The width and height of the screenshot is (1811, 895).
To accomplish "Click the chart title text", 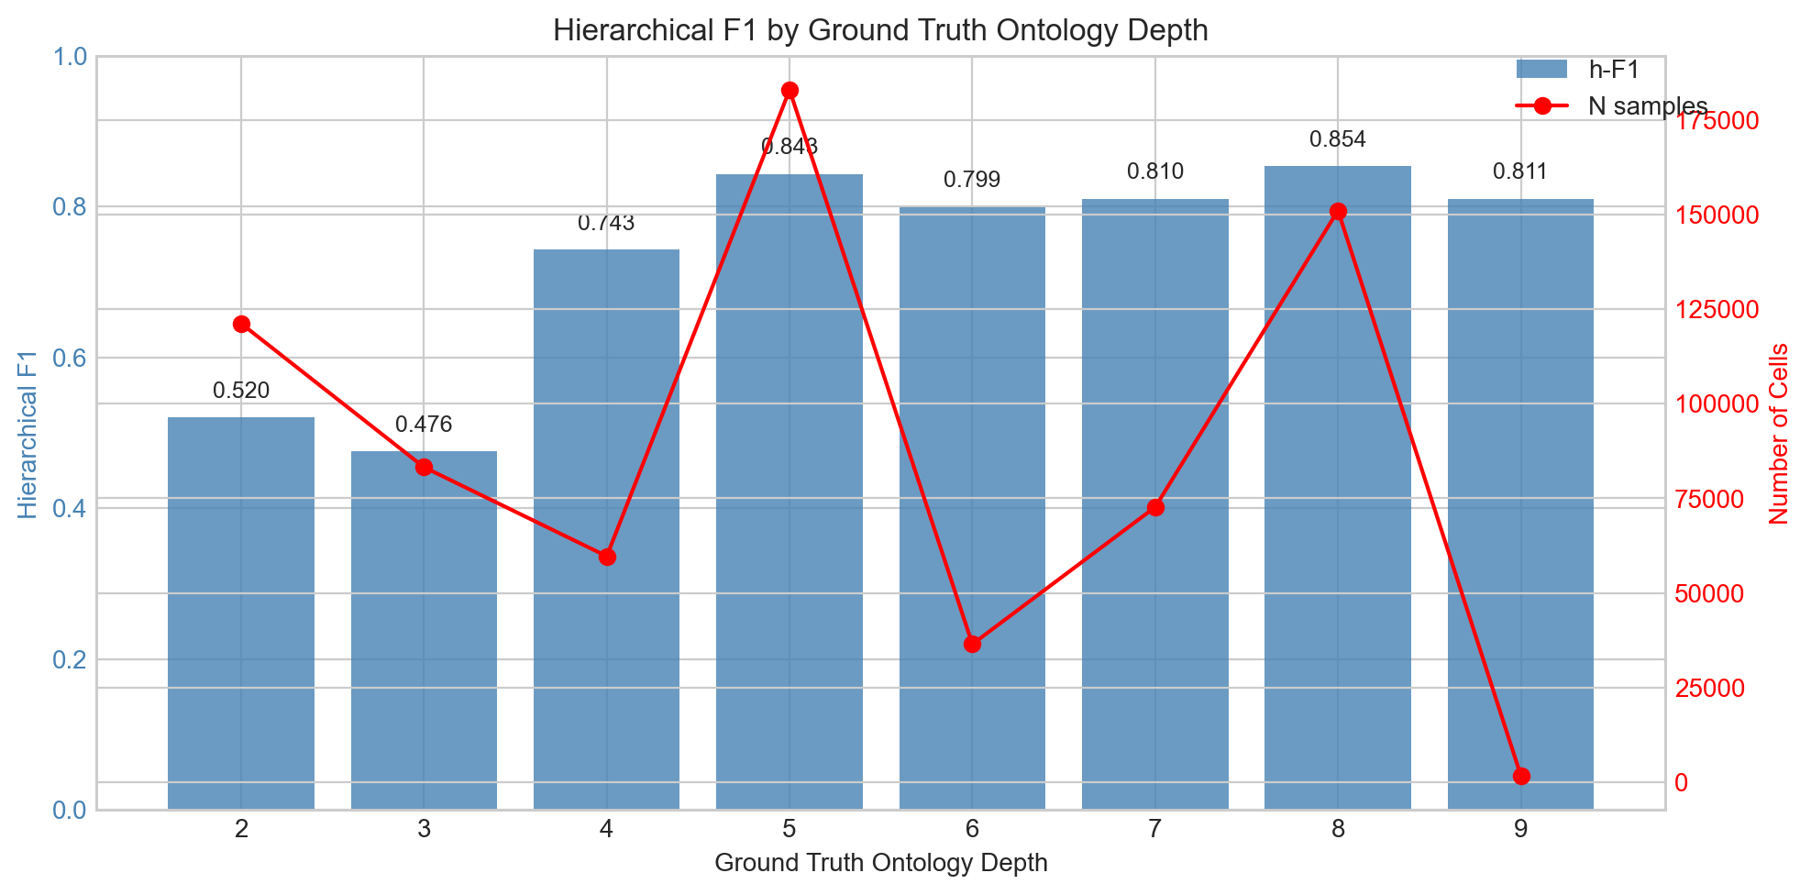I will pyautogui.click(x=880, y=31).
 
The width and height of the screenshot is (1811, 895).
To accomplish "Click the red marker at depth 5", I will pyautogui.click(x=790, y=90).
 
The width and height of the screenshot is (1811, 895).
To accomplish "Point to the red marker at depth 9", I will pyautogui.click(x=1521, y=776).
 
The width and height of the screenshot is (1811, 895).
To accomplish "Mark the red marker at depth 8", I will pyautogui.click(x=1338, y=212).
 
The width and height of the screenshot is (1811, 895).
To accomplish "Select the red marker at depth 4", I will pyautogui.click(x=607, y=557).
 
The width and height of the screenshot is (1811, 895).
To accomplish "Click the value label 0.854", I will pyautogui.click(x=1338, y=139).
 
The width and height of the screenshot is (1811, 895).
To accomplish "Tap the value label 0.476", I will pyautogui.click(x=424, y=425).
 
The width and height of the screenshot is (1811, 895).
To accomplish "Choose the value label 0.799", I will pyautogui.click(x=972, y=180).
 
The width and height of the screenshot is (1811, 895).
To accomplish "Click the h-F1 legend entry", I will pyautogui.click(x=1577, y=70).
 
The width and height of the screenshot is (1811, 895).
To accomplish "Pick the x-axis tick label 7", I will pyautogui.click(x=1154, y=830).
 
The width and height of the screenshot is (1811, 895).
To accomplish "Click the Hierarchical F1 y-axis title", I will pyautogui.click(x=28, y=434).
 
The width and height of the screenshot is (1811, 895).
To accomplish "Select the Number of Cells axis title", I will pyautogui.click(x=1780, y=434).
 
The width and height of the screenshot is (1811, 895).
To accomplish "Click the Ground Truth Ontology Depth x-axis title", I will pyautogui.click(x=880, y=863).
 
